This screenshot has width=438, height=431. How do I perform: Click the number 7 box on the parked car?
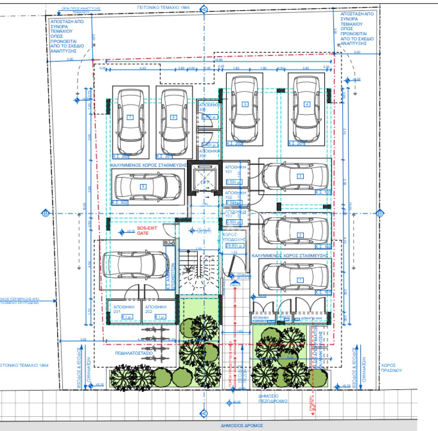pos(130,118)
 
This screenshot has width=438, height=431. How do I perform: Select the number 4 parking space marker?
pos(307,105)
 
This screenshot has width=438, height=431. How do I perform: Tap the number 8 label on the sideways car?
pos(143,187)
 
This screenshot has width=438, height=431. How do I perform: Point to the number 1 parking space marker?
pos(300,280)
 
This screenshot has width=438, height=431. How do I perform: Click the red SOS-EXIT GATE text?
pos(147,231)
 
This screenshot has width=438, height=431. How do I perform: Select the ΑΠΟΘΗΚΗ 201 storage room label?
pos(124,309)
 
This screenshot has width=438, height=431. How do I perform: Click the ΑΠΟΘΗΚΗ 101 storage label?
pos(235,170)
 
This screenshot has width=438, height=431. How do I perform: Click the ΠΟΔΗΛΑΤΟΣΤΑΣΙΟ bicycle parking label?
pos(134,353)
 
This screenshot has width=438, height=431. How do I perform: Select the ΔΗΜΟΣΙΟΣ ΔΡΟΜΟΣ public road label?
pos(242,426)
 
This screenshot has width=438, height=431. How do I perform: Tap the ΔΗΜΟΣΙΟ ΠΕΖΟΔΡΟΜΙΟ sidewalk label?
pos(273,399)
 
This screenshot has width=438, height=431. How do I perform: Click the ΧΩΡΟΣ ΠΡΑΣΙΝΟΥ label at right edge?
pos(391,368)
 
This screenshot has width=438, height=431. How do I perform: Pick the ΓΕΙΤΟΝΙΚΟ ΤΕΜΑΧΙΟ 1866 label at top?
pos(163,7)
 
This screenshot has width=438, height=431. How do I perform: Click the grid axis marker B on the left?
pos(46,214)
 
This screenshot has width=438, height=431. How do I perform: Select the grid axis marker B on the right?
pos(379,214)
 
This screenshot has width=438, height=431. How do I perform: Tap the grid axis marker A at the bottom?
pos(204,414)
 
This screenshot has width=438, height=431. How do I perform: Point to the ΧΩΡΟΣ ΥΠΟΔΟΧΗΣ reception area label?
pos(234,237)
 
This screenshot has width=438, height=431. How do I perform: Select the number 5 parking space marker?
pos(245,105)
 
